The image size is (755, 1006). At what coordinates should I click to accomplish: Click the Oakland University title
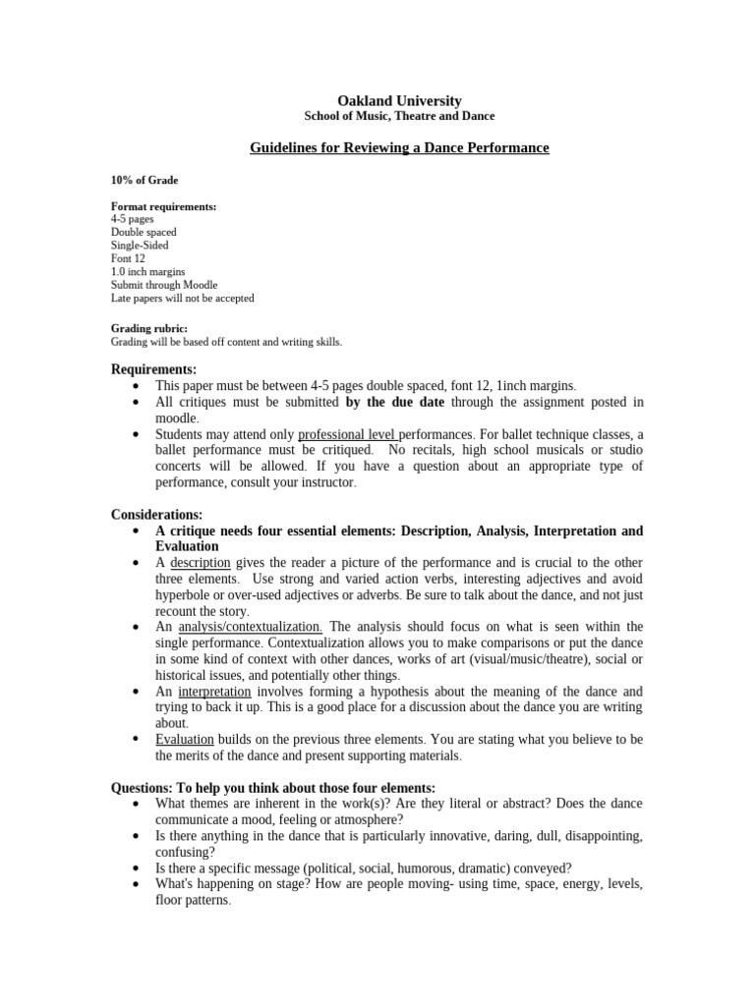[x=399, y=100]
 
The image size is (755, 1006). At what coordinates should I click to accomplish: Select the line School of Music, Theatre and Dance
[x=399, y=116]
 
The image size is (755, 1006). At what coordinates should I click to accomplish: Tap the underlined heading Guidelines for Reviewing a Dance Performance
[x=399, y=147]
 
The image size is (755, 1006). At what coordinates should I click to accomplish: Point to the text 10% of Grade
[x=145, y=180]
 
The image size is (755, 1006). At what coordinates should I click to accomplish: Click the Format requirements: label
[x=163, y=206]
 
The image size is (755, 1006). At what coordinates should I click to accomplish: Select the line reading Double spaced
[x=144, y=233]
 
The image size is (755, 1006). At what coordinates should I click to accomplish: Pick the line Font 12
[x=128, y=258]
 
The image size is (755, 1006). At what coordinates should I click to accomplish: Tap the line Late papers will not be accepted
[x=182, y=298]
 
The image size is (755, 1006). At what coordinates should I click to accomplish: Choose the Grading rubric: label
[x=148, y=328]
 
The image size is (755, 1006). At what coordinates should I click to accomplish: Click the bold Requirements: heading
[x=153, y=369]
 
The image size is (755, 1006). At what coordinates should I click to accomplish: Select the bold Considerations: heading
[x=156, y=514]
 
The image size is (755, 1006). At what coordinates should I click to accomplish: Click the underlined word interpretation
[x=218, y=692]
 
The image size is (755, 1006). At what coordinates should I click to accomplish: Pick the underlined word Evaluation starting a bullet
[x=185, y=739]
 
